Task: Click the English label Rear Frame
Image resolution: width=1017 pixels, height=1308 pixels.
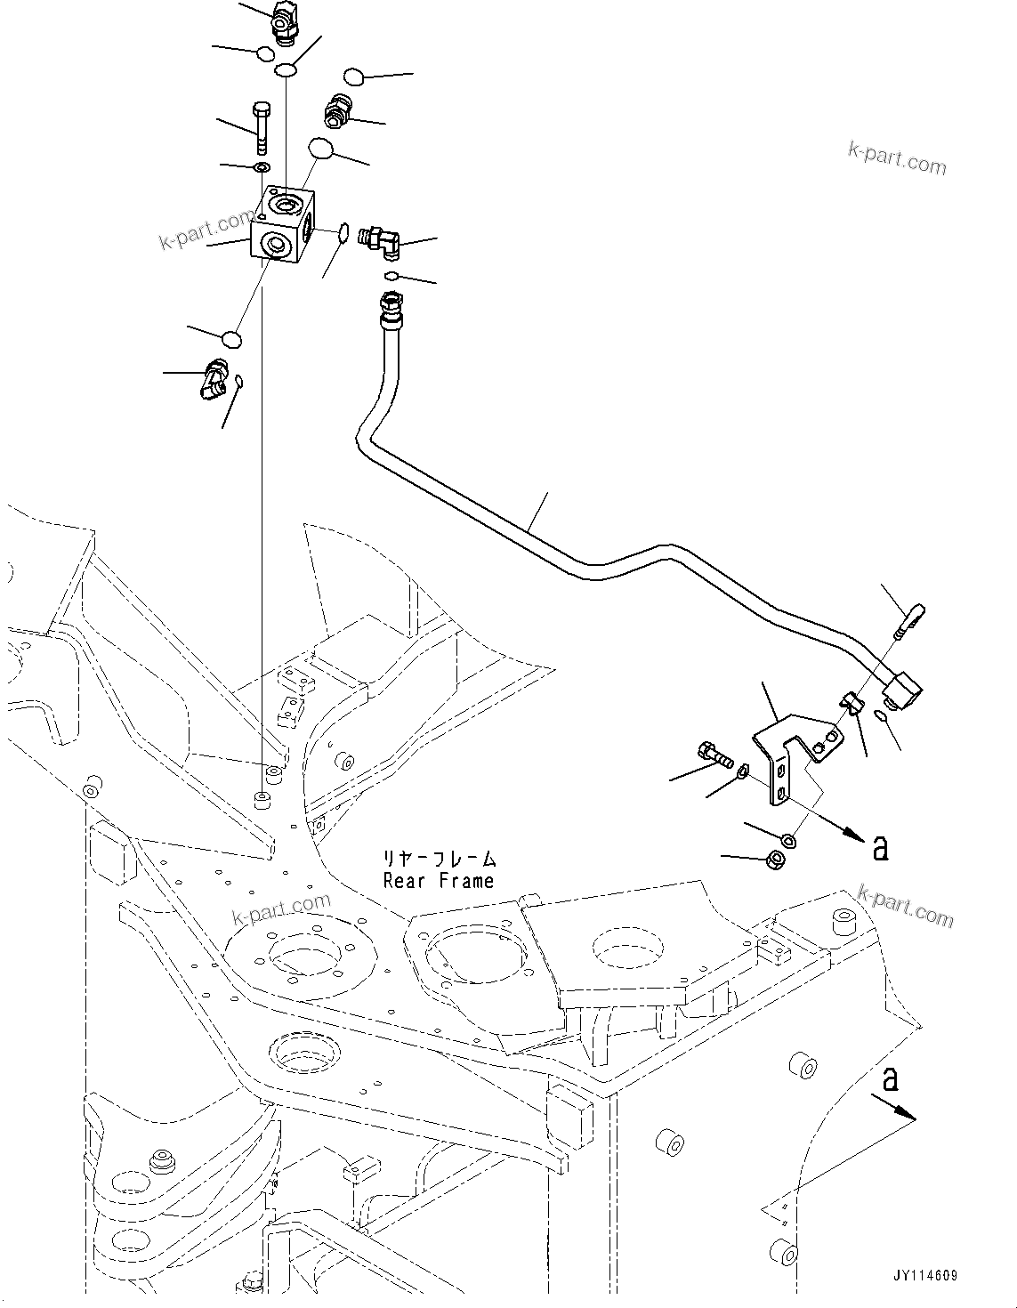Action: (x=438, y=881)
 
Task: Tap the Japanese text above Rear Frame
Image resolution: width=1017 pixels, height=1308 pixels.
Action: (x=438, y=860)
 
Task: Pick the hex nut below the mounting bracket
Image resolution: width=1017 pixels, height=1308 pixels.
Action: (x=774, y=860)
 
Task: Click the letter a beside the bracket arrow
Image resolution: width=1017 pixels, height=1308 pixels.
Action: (x=880, y=849)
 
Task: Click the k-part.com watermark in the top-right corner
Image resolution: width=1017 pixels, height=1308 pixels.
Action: (x=897, y=162)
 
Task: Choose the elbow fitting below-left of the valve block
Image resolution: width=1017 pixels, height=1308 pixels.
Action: (x=214, y=377)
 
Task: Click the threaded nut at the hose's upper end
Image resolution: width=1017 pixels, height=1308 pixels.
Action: (x=391, y=306)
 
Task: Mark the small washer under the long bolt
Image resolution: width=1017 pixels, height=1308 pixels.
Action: (x=261, y=168)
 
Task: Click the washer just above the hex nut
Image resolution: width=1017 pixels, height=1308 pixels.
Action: (x=787, y=839)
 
